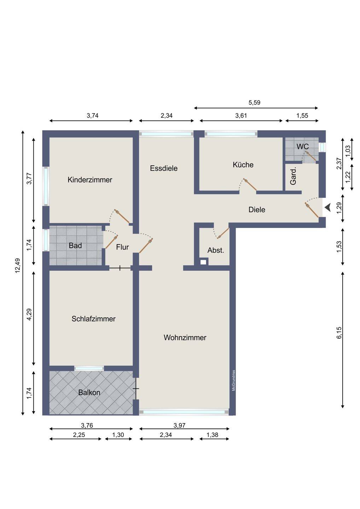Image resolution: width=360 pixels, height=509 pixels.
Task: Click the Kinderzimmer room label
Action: point(90,180)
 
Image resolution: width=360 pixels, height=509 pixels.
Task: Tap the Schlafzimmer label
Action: point(93,319)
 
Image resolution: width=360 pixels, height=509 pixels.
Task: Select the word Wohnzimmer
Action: point(185,338)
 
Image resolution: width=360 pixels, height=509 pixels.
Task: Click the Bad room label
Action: point(75,245)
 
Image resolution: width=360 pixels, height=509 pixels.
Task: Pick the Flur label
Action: point(122,247)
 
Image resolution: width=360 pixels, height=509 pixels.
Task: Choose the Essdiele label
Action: point(164,168)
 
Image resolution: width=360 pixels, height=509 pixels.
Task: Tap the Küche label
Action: point(243,164)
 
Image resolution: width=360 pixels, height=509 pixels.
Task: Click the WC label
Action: point(302,147)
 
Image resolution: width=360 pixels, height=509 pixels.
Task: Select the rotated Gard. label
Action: point(293,176)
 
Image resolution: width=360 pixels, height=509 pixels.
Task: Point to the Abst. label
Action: point(216,250)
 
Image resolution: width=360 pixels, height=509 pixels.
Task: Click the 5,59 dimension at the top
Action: point(254,103)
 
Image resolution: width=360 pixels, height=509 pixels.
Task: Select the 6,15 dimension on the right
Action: point(339,333)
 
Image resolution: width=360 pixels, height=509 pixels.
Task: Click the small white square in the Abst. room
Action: point(203,262)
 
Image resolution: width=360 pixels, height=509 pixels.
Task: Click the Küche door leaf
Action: point(250,184)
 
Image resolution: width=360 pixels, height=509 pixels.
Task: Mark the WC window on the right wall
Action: point(322,147)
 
